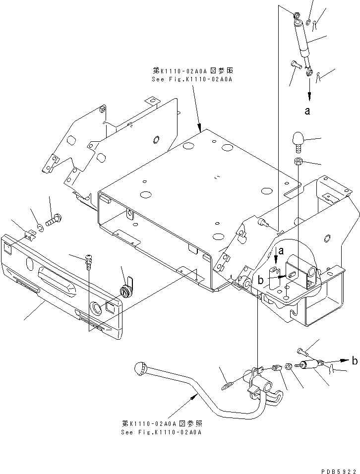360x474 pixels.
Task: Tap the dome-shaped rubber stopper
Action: point(299,139)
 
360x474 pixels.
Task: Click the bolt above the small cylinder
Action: point(303,352)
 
